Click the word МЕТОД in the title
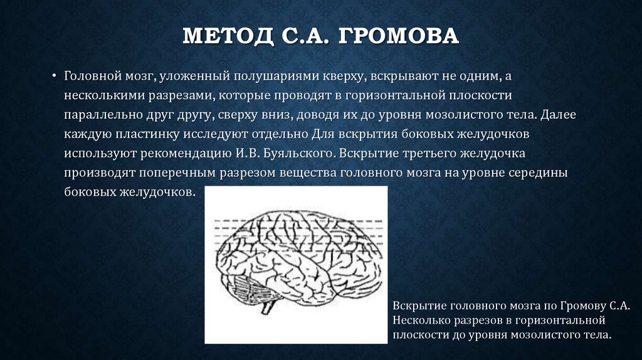223,35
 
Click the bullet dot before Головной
55,76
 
